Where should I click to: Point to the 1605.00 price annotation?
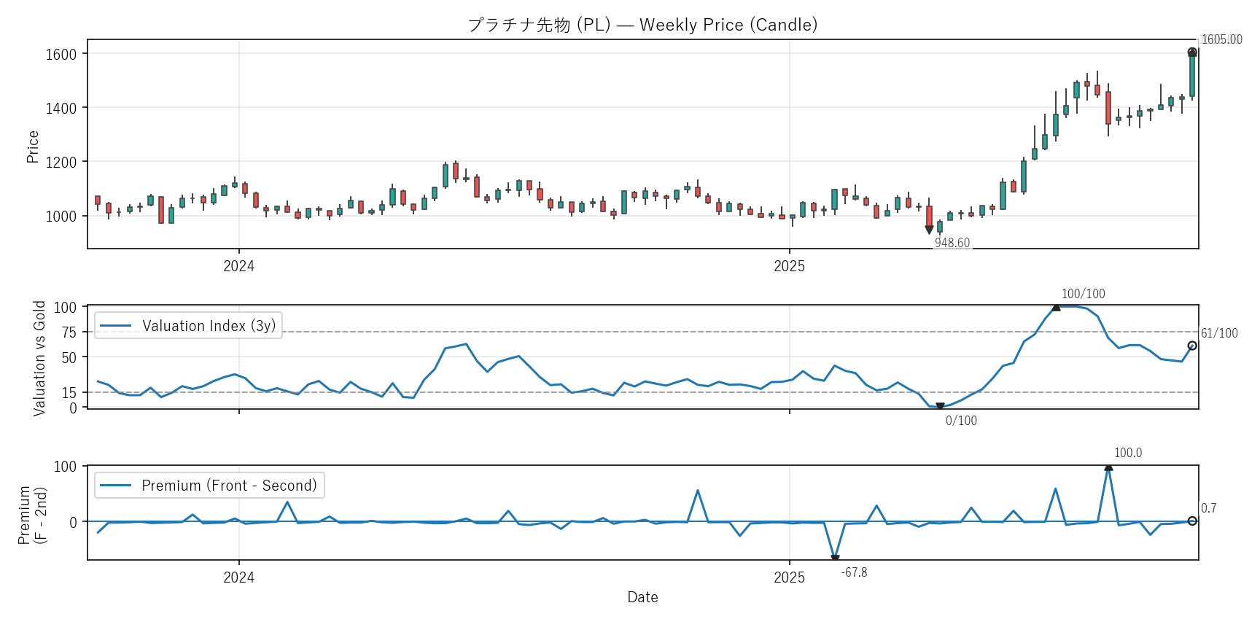1221,39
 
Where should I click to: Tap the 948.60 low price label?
952,243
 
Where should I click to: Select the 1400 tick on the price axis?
61,108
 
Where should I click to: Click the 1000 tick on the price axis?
61,216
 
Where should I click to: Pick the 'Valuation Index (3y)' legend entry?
188,326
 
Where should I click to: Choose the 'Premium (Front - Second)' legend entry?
209,486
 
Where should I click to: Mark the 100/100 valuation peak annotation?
1083,294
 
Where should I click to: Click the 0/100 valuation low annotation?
961,421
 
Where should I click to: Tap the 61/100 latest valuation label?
1219,333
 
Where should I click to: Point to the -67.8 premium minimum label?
854,572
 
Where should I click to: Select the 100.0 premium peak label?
1128,453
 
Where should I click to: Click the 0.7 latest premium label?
1208,508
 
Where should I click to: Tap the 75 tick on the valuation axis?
69,332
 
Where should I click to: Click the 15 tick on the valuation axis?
69,393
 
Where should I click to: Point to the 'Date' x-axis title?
642,597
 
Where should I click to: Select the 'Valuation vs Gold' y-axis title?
39,358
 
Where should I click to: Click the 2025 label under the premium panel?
789,577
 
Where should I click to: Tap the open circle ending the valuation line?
1192,346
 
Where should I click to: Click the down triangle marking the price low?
929,230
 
